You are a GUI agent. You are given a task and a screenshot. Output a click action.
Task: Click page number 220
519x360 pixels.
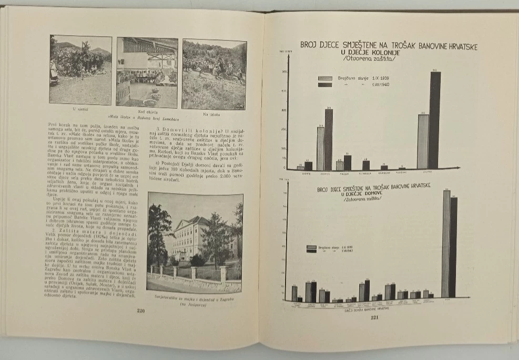pyautogui.click(x=140, y=311)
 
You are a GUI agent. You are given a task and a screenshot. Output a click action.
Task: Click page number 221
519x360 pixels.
pyautogui.click(x=374, y=317)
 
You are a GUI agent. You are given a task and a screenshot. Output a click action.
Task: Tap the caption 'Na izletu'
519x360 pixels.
pyautogui.click(x=213, y=113)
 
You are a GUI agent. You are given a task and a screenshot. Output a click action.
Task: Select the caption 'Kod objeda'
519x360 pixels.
pyautogui.click(x=148, y=112)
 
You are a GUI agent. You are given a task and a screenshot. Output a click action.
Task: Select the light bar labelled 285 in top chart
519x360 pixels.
pyautogui.click(x=423, y=141)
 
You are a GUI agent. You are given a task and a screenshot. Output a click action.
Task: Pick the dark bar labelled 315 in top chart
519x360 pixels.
pyautogui.click(x=329, y=139)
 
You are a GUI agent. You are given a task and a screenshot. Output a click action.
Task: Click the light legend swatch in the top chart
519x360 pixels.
pyautogui.click(x=325, y=78)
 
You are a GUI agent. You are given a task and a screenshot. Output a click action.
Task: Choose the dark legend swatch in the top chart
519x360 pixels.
pyautogui.click(x=325, y=84)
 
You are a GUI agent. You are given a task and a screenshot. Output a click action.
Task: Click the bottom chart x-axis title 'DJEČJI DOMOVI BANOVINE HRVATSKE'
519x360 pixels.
pyautogui.click(x=367, y=311)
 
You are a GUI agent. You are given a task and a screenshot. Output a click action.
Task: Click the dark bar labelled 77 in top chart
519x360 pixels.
pyautogui.click(x=348, y=163)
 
